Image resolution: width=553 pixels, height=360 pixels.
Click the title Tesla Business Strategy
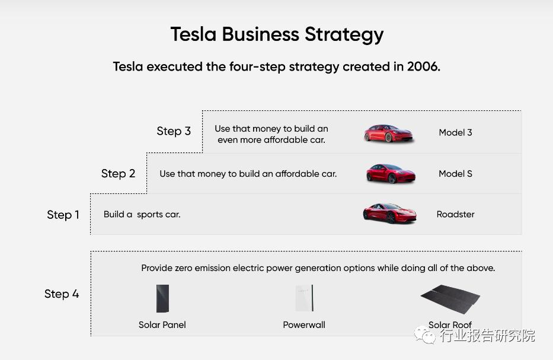coord(277,34)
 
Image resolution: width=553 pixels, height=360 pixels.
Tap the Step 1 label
coord(63,215)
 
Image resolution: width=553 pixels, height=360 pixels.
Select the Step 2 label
coord(118,174)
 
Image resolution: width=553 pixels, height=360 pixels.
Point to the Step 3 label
coord(174,131)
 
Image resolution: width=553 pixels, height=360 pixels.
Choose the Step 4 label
coord(62,294)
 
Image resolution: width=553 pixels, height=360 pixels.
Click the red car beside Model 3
coord(388,133)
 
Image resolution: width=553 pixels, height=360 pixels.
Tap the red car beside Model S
coord(391,173)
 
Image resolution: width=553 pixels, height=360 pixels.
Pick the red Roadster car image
coord(390,213)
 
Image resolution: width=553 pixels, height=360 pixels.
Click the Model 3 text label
coord(455,133)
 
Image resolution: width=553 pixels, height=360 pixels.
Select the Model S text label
coord(455,174)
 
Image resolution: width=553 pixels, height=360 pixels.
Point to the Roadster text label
coord(455,214)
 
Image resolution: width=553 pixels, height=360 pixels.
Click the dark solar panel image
coord(162,298)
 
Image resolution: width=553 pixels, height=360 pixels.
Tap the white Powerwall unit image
coord(305,298)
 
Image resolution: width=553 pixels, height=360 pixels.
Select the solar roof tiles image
coord(450,299)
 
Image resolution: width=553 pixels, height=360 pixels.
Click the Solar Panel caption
coord(162,324)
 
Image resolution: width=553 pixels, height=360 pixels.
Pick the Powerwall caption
coord(304,324)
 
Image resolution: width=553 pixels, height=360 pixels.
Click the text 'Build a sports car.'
coord(142,214)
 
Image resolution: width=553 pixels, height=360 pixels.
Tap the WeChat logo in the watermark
coord(425,335)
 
